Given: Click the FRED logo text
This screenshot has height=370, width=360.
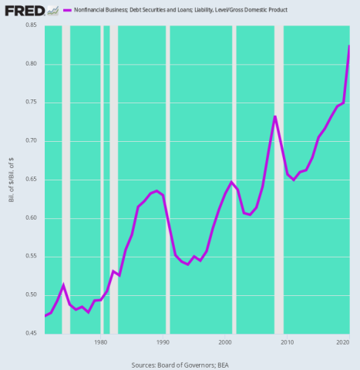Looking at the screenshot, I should click(23, 10).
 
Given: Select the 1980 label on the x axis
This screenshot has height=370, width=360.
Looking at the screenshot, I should click(100, 342).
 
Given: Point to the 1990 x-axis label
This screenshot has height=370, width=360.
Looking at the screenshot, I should click(163, 342).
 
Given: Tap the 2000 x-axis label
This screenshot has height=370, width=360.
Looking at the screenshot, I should click(225, 342).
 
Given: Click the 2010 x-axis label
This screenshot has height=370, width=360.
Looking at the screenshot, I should click(287, 342).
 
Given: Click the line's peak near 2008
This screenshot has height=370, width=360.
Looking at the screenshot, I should click(274, 116).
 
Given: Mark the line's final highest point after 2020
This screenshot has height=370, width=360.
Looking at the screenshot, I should click(349, 46).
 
